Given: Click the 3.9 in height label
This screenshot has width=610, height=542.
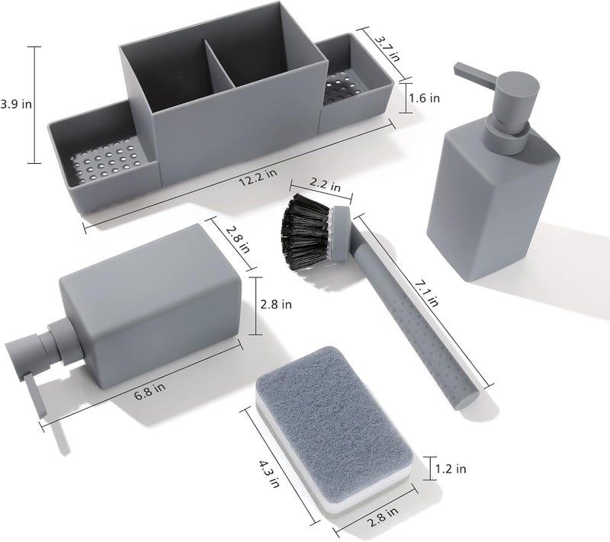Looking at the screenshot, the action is click(16, 104).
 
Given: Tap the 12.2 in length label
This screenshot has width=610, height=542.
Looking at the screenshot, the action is click(258, 177).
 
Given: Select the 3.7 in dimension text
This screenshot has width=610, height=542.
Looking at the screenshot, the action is click(387, 49).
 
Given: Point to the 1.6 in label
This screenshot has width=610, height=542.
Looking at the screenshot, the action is click(424, 98).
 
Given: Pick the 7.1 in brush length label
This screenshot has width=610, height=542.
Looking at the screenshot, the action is click(426, 294).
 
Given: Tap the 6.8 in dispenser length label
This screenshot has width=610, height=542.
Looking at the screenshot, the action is click(149, 391).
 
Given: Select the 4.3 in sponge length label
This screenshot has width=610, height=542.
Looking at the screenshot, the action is click(269, 474).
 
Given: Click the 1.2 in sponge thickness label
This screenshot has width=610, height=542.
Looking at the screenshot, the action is click(450, 469).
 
